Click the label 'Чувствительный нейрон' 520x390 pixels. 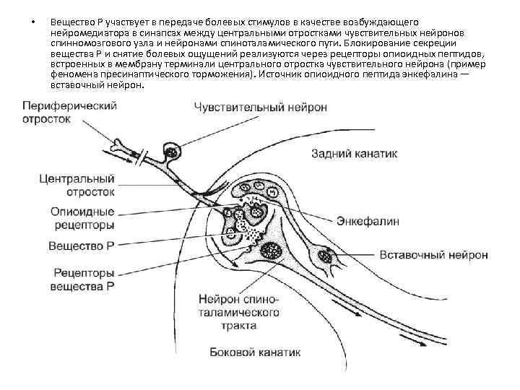click(260, 107)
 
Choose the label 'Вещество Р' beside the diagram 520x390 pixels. click(82, 246)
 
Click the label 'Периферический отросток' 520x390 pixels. click(59, 113)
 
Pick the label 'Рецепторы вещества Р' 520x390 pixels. click(82, 279)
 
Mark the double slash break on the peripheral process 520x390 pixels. click(144, 157)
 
